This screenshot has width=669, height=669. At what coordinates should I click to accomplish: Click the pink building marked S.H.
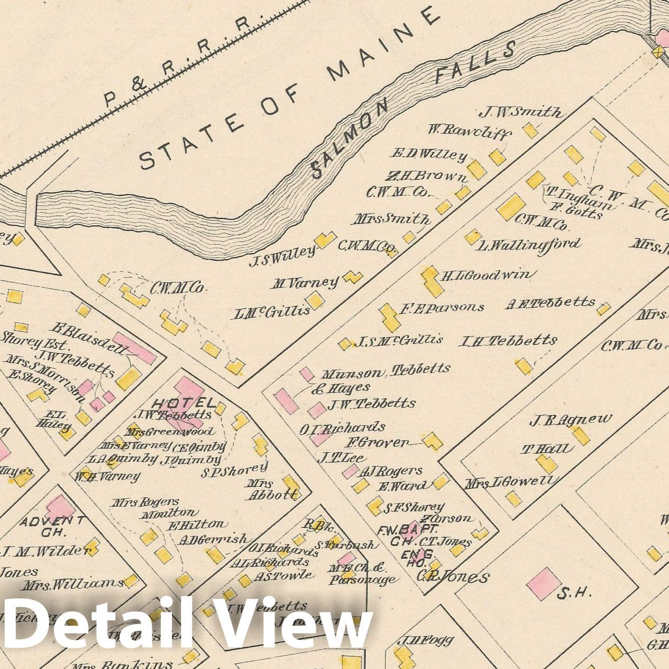543,582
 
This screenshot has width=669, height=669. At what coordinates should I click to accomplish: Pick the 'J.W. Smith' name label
520,112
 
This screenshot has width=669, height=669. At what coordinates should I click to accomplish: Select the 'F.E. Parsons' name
441,308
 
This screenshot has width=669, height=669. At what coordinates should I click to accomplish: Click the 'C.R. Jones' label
452,577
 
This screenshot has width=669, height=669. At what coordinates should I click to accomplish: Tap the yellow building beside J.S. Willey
325,240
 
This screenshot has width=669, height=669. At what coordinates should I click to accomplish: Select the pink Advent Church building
60,508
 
